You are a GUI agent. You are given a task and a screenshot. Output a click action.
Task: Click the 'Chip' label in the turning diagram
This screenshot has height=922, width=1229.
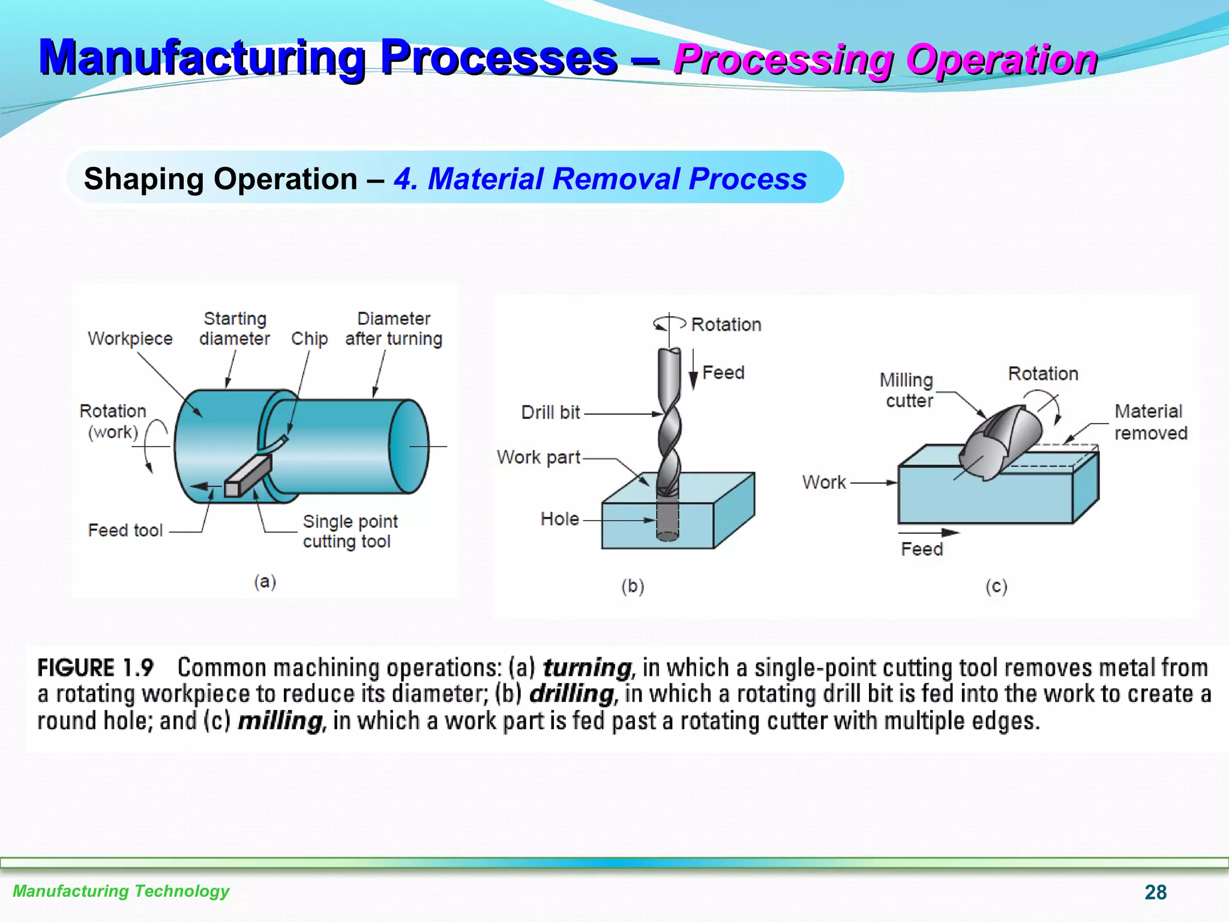pyautogui.click(x=309, y=339)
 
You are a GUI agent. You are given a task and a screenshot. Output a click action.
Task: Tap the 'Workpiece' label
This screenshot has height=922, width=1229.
pyautogui.click(x=130, y=339)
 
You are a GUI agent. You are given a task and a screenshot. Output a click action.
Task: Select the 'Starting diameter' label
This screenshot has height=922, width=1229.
pyautogui.click(x=235, y=328)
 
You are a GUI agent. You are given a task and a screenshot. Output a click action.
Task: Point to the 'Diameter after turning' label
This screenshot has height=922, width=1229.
pyautogui.click(x=394, y=328)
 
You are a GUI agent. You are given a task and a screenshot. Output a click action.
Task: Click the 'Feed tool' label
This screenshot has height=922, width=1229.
pyautogui.click(x=125, y=530)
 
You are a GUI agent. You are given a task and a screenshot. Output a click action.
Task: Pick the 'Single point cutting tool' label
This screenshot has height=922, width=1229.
pyautogui.click(x=350, y=531)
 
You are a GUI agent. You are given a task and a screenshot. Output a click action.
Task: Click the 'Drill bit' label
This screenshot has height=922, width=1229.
pyautogui.click(x=550, y=412)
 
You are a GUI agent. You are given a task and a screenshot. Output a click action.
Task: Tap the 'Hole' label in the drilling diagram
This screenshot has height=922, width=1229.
pyautogui.click(x=559, y=519)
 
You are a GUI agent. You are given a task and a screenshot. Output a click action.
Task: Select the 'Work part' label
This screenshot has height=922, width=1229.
pyautogui.click(x=538, y=457)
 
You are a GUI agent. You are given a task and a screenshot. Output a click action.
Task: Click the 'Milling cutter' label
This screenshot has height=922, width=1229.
pyautogui.click(x=907, y=390)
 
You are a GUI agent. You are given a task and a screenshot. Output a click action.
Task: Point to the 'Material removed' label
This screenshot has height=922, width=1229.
pyautogui.click(x=1150, y=422)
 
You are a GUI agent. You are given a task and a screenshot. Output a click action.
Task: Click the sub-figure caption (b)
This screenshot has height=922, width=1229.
pyautogui.click(x=633, y=586)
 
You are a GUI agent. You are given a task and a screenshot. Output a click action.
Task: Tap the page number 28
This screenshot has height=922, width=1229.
pyautogui.click(x=1155, y=892)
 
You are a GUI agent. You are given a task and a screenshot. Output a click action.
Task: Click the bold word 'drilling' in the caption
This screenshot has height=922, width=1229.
pyautogui.click(x=572, y=694)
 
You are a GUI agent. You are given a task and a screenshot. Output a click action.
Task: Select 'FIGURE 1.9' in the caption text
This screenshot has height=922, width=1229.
pyautogui.click(x=95, y=667)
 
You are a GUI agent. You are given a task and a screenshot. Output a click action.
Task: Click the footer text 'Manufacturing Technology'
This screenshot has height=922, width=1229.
pyautogui.click(x=121, y=891)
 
